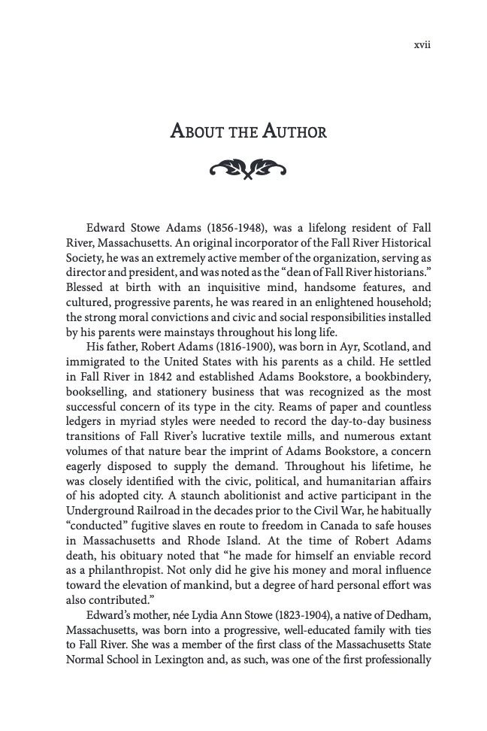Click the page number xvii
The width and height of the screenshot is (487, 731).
[x=422, y=45]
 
